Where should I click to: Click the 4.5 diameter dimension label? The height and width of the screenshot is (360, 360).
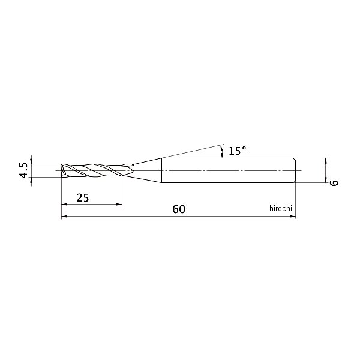pyautogui.click(x=23, y=170)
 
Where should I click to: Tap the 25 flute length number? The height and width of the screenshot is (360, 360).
pyautogui.click(x=83, y=197)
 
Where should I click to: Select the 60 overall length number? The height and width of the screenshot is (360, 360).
pyautogui.click(x=179, y=209)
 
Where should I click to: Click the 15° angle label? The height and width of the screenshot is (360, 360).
pyautogui.click(x=238, y=151)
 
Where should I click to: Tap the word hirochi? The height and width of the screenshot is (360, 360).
pyautogui.click(x=281, y=208)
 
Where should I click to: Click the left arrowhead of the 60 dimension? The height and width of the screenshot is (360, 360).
pyautogui.click(x=64, y=216)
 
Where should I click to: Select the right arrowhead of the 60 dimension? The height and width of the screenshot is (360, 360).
pyautogui.click(x=293, y=216)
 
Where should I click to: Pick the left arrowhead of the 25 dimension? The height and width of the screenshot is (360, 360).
pyautogui.click(x=64, y=204)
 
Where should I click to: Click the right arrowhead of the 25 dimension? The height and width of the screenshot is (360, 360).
pyautogui.click(x=119, y=204)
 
